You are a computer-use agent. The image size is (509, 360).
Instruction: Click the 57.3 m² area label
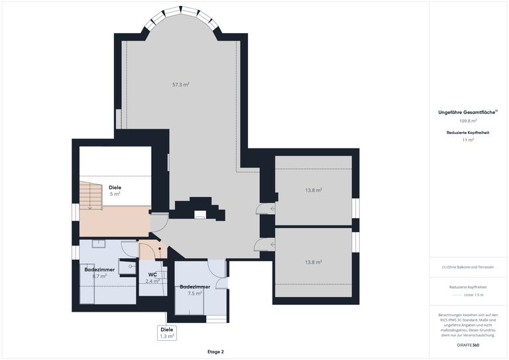click(181, 85)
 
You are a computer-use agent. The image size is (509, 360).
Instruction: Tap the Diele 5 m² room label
click(115, 191)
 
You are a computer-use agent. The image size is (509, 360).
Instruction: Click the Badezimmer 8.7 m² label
click(100, 272)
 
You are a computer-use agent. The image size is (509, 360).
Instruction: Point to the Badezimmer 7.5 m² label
click(195, 290)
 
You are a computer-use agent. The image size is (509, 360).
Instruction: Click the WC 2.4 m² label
click(152, 277)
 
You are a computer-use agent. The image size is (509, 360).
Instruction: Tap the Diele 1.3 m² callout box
click(166, 333)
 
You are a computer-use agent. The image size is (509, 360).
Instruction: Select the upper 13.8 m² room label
click(313, 190)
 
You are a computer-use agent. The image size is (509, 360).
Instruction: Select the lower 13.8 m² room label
click(313, 262)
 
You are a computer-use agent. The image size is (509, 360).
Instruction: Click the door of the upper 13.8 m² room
click(266, 210)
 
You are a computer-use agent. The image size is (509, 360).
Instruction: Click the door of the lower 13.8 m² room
click(264, 245)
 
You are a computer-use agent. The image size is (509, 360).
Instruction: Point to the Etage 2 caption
click(215, 351)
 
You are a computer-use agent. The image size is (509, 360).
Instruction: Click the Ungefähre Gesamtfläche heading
click(468, 113)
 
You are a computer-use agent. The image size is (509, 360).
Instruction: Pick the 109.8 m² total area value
click(468, 121)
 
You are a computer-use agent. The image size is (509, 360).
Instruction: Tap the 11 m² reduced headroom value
click(468, 141)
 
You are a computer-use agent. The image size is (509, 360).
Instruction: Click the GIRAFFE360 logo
click(468, 345)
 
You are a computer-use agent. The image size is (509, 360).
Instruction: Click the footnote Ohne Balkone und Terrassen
click(468, 267)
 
